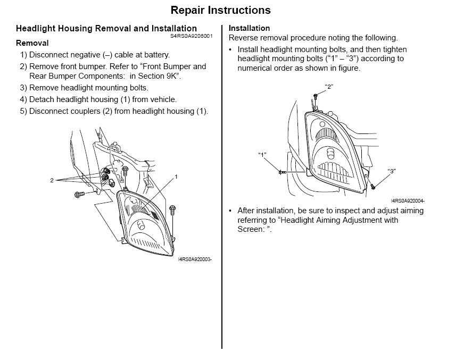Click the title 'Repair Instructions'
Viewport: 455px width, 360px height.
click(220, 10)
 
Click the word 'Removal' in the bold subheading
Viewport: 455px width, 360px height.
click(32, 43)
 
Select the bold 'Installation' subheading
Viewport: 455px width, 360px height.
click(249, 28)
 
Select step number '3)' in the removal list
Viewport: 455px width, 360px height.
click(23, 88)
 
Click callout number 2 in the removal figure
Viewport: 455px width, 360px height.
click(52, 180)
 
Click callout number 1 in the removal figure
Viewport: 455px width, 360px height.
click(176, 176)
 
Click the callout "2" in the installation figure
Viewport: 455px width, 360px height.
click(329, 86)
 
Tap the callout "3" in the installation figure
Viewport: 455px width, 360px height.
click(391, 171)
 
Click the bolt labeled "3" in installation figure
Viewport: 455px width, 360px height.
click(373, 187)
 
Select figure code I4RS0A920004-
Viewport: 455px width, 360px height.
click(408, 200)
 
